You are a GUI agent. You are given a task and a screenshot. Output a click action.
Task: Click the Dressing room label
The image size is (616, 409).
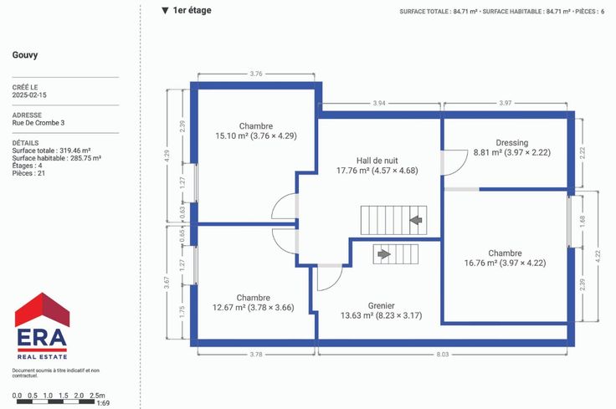[512, 143]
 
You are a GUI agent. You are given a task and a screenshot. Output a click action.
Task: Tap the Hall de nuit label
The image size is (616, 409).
[377, 161]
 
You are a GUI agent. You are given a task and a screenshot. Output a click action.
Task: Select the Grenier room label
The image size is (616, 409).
[381, 305]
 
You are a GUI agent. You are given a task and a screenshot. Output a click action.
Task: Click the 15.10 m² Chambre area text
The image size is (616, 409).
[256, 135]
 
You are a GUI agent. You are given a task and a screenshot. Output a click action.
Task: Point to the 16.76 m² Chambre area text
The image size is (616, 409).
[506, 263]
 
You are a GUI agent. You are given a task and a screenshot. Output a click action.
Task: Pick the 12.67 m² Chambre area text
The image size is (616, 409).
[254, 307]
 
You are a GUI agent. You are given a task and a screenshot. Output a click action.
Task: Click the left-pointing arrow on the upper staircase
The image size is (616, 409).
[416, 220]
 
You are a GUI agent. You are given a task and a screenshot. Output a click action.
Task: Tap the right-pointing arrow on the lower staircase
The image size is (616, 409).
[384, 254]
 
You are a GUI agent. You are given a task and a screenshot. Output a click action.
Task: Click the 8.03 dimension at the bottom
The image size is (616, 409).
[443, 354]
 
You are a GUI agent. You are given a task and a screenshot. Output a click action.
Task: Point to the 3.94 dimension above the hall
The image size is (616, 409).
[379, 103]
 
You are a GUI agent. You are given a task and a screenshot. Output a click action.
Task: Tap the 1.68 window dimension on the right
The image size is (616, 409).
[583, 221]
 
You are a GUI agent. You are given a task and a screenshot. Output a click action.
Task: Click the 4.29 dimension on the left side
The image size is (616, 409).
[167, 156]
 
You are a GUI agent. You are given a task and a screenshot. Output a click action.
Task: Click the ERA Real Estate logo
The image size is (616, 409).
[42, 326]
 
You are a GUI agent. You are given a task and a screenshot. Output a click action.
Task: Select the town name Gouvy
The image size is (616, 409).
[25, 55]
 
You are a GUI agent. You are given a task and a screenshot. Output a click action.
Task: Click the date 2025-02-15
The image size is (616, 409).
[29, 95]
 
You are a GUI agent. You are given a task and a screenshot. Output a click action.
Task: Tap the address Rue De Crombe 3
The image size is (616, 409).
[38, 123]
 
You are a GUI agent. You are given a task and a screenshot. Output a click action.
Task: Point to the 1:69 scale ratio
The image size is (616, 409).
[103, 403]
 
